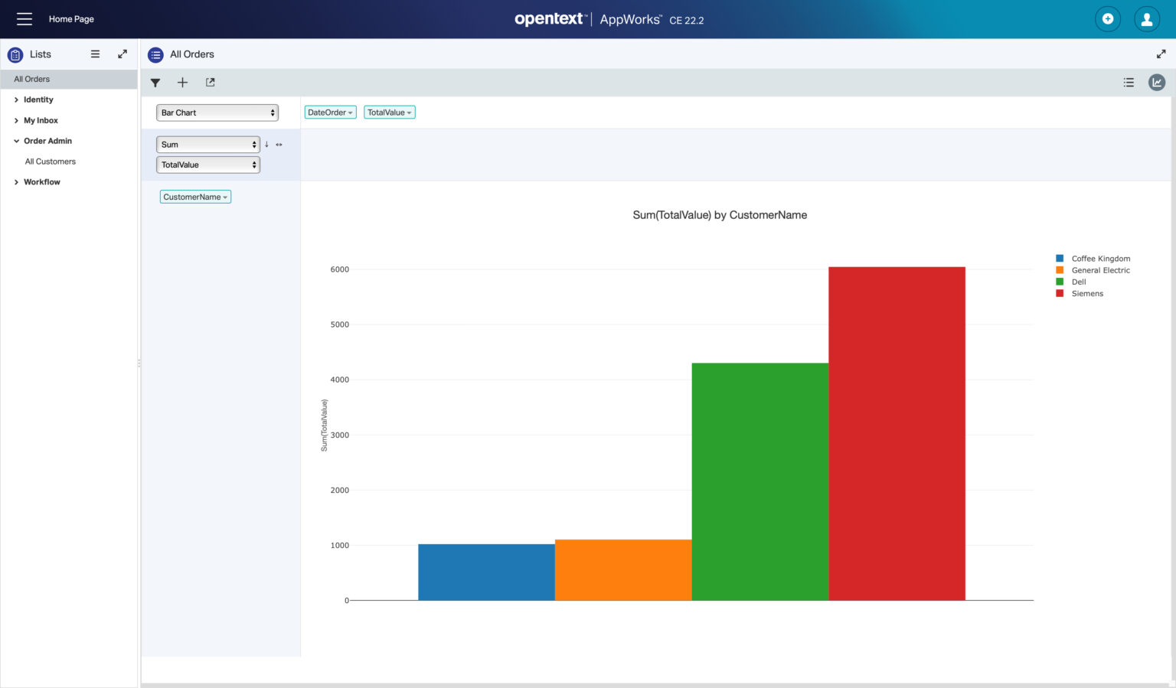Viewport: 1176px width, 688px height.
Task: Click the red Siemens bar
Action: click(897, 433)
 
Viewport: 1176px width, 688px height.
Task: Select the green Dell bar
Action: click(759, 481)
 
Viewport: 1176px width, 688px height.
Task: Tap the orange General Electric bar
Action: click(622, 570)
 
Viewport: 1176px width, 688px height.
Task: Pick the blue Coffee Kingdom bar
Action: click(486, 572)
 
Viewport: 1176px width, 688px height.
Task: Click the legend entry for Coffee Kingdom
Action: click(1100, 259)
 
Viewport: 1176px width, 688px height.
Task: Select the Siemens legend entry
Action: click(1086, 294)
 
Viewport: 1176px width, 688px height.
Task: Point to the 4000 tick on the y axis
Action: click(339, 380)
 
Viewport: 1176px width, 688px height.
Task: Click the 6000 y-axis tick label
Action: click(339, 269)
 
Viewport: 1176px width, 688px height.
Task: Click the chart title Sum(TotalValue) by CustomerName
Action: click(720, 215)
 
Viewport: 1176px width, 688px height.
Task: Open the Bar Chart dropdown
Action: click(217, 112)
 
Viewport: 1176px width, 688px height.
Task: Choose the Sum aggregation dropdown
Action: click(208, 145)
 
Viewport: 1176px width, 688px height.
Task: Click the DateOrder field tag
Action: click(330, 112)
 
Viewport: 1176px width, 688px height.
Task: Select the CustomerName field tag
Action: click(195, 197)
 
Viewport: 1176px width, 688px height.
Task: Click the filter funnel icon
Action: click(155, 83)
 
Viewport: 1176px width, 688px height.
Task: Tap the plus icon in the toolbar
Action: click(182, 83)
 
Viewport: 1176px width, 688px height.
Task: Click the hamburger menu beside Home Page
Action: click(24, 19)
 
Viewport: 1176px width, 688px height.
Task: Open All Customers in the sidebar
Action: click(51, 161)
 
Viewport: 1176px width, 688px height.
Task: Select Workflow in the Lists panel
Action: click(42, 182)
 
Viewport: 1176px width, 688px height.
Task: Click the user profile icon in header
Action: click(1146, 19)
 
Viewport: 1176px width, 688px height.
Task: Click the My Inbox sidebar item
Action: click(41, 120)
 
